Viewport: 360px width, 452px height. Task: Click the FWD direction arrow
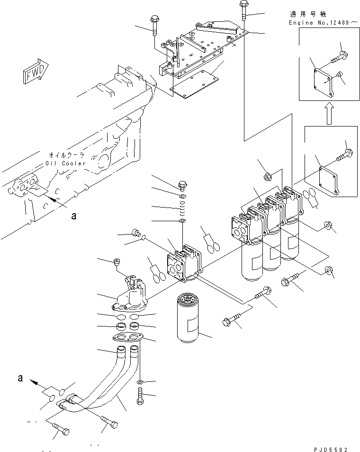click(x=35, y=72)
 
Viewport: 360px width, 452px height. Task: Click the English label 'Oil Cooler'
click(x=66, y=163)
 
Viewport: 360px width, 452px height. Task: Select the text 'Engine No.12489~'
click(x=324, y=22)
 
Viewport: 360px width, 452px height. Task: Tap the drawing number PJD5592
click(x=331, y=449)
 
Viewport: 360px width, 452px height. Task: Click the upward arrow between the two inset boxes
click(x=329, y=114)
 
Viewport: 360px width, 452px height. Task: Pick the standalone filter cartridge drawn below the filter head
click(x=188, y=317)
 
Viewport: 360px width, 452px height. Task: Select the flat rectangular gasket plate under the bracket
click(x=194, y=84)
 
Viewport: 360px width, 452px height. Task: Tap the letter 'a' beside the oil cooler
click(x=74, y=216)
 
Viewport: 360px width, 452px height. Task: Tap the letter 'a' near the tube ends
click(x=20, y=378)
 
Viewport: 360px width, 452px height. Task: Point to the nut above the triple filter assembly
click(x=268, y=176)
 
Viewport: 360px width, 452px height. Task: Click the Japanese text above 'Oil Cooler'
click(x=67, y=155)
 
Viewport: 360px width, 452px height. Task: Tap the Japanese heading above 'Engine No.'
click(x=307, y=14)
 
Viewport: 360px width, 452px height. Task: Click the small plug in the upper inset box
click(x=340, y=74)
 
